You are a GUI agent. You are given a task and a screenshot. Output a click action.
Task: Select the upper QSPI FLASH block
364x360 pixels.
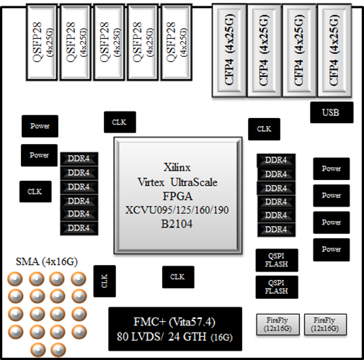click(277, 259)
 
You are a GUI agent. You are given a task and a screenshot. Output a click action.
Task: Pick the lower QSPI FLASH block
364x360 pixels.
click(277, 287)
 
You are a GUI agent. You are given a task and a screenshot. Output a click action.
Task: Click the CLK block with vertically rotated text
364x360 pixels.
click(104, 280)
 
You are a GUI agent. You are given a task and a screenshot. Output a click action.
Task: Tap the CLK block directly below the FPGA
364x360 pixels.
click(177, 276)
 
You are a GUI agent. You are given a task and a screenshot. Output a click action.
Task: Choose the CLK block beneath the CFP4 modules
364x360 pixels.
click(264, 129)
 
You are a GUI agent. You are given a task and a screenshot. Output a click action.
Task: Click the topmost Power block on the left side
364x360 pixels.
click(40, 126)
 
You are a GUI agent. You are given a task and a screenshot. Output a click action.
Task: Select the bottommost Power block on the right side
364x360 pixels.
click(332, 249)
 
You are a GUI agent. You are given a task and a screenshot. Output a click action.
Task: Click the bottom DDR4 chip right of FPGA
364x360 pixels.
click(275, 228)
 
